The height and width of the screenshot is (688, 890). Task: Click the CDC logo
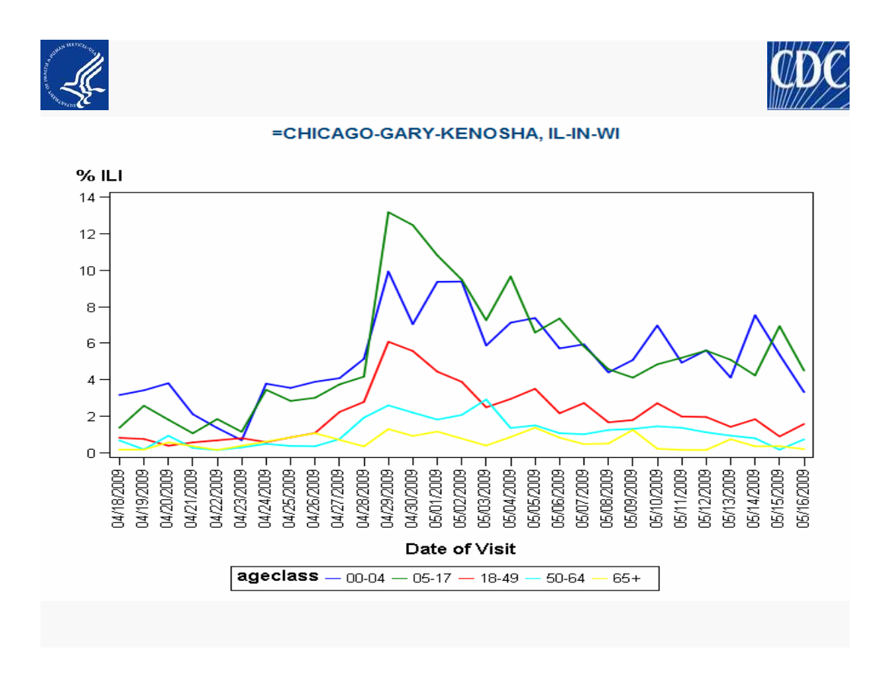pos(808,75)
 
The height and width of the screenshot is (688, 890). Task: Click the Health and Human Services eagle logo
pos(74,75)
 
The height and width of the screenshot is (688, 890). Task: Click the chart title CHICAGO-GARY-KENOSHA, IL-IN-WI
pos(446,134)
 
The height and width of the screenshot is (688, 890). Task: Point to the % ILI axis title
pos(100,175)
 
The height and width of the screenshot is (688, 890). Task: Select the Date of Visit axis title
pos(460,549)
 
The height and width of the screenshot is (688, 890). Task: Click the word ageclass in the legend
pos(277,576)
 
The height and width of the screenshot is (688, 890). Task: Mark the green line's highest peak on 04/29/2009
pos(388,212)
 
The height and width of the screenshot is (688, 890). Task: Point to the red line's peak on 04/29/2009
pos(388,342)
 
